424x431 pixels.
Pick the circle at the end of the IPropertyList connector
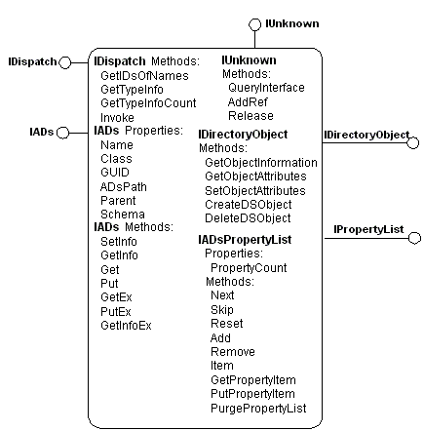412,235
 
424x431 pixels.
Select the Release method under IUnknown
245,115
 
